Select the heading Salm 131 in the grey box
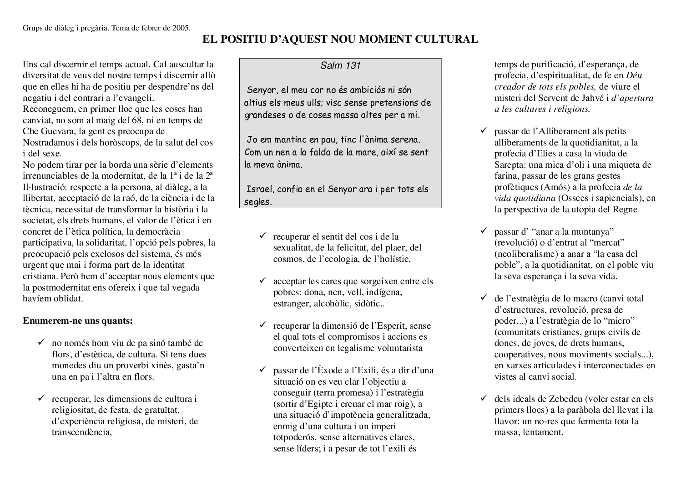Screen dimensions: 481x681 tap(340, 65)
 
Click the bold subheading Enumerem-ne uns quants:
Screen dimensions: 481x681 tap(78, 321)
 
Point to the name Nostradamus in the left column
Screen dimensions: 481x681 tap(46, 142)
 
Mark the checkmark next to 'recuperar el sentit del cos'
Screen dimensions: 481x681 tap(262, 236)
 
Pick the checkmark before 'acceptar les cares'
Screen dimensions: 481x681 tap(262, 281)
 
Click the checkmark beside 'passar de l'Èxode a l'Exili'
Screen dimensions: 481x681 tap(262, 370)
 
